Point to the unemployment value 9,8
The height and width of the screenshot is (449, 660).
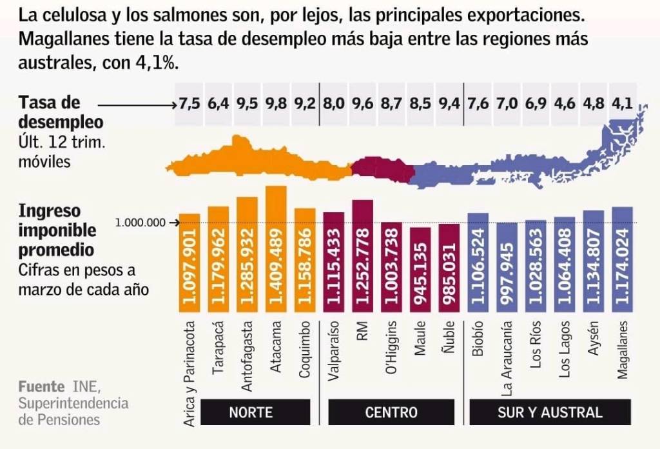point(276,103)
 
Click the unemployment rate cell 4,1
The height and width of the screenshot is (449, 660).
point(623,103)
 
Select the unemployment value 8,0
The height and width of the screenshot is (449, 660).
point(334,103)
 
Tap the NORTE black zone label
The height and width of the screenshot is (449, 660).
point(251,412)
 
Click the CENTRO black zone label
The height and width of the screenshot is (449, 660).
point(391,412)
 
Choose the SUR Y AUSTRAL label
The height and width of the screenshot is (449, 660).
point(550,412)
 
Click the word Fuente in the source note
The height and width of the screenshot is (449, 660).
point(41,387)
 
